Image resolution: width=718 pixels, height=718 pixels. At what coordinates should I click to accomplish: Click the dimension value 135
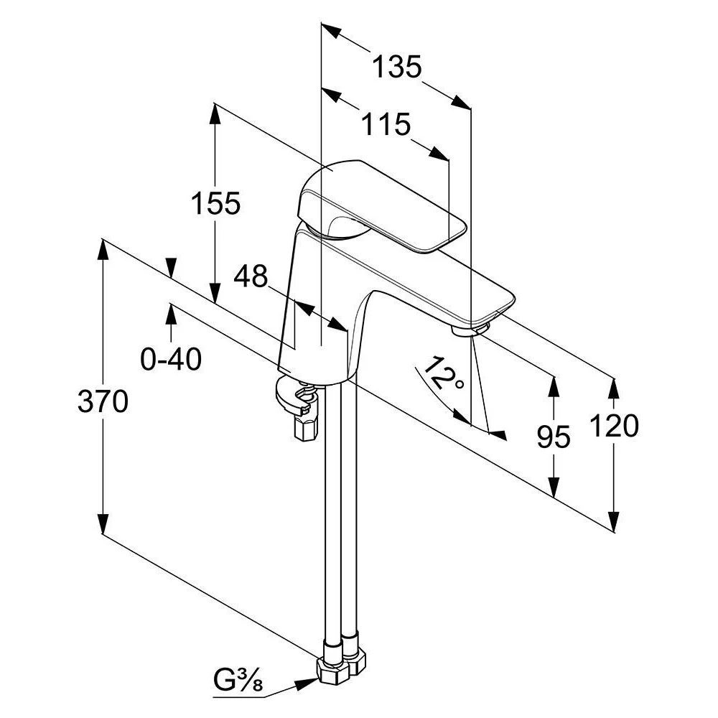(396, 67)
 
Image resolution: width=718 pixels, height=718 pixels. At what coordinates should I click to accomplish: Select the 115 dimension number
(386, 124)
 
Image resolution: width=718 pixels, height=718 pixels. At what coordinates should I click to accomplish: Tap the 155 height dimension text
(215, 203)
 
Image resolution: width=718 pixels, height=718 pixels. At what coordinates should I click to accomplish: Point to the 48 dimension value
(251, 276)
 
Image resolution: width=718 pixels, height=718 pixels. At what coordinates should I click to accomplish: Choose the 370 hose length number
(103, 401)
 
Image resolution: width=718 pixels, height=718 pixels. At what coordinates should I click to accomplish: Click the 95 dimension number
(554, 437)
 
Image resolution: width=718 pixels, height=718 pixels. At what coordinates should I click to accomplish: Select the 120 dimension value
(614, 425)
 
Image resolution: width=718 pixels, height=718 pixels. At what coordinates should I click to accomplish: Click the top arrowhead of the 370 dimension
(103, 250)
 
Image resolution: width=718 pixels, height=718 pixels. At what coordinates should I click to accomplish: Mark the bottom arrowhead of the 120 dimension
(615, 521)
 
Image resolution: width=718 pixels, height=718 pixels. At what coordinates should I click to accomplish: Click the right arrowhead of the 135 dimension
(460, 102)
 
